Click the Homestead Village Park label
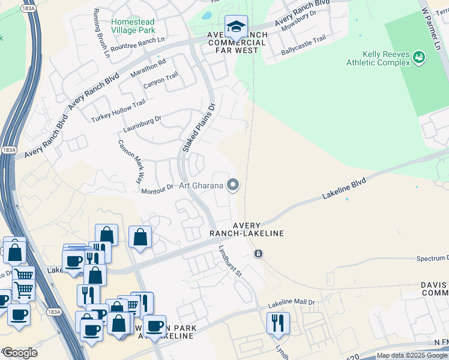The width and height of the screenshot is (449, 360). coord(133,26)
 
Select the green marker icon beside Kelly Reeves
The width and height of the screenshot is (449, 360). coord(419,57)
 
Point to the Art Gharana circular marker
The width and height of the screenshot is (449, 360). coord(232,185)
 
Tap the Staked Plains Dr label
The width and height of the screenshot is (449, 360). coord(199,128)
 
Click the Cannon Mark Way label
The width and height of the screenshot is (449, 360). coord(131,161)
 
